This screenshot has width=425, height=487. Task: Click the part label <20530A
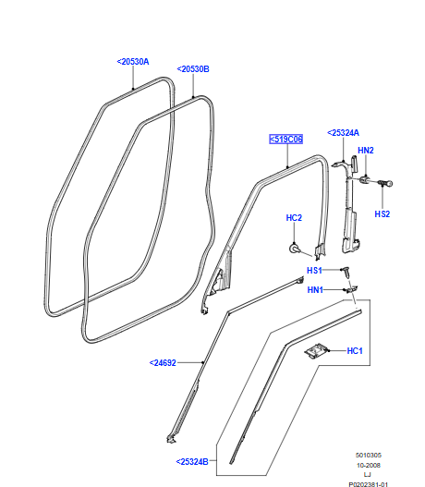(133, 62)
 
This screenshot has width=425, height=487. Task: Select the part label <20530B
(193, 69)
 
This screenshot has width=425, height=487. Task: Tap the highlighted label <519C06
(285, 140)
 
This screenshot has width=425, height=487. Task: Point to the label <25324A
(343, 133)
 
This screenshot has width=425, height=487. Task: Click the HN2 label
(366, 151)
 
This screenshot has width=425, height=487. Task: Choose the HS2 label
(382, 214)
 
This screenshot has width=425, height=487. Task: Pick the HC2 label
(294, 218)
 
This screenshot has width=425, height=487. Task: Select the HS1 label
(314, 271)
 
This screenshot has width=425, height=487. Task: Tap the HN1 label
(315, 290)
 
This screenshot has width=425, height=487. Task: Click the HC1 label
(355, 351)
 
